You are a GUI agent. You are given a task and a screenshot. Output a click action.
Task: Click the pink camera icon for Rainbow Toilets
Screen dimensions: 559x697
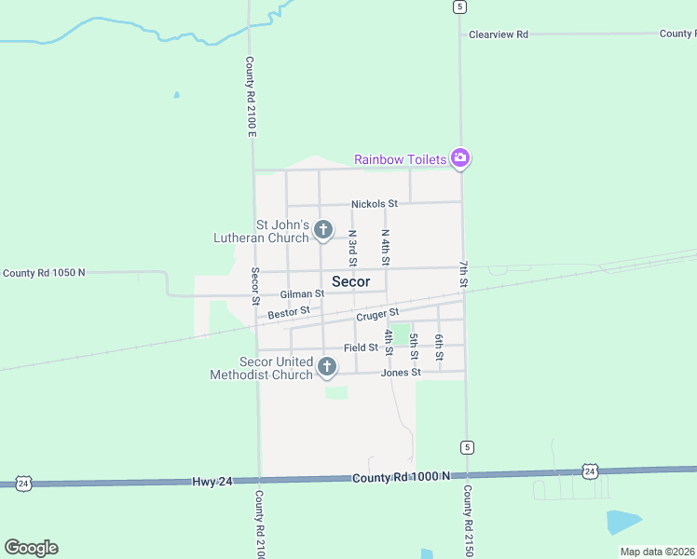click(x=459, y=158)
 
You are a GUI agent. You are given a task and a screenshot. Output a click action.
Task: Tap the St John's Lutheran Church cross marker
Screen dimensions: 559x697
click(x=323, y=229)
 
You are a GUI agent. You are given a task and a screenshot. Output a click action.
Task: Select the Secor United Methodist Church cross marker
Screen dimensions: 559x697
click(x=326, y=367)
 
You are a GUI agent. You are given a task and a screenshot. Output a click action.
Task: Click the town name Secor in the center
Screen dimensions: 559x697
click(x=350, y=281)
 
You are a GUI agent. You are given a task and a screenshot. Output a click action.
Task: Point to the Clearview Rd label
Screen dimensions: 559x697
click(x=499, y=34)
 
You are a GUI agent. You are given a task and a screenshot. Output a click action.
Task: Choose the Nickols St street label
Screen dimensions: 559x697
click(x=375, y=203)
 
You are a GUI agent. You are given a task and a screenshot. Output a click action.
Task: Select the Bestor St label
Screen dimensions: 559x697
click(x=288, y=313)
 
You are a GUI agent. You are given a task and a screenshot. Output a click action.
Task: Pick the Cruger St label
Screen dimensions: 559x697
click(x=377, y=315)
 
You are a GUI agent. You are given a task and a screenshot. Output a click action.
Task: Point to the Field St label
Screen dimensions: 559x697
click(x=361, y=348)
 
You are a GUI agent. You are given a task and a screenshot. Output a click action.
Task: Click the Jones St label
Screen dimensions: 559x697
click(x=402, y=373)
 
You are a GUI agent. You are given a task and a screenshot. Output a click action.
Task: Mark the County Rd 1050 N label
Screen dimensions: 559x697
click(x=44, y=273)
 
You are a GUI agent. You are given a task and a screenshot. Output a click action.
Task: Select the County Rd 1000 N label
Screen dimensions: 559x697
click(x=401, y=477)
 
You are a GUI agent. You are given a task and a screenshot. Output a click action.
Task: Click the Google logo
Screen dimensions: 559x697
click(x=31, y=548)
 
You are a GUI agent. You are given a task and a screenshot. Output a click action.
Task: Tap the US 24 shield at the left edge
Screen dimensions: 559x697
click(x=23, y=483)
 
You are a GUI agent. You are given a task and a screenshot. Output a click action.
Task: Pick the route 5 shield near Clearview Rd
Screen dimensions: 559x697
click(x=459, y=7)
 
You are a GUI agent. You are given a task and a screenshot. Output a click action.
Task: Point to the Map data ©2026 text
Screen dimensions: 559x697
click(x=658, y=552)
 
